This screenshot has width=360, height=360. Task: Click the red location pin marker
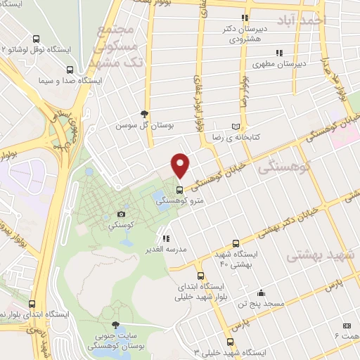click(x=181, y=165)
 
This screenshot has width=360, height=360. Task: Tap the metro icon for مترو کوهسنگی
click(x=180, y=189)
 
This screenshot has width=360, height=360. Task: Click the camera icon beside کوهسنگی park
click(x=122, y=213)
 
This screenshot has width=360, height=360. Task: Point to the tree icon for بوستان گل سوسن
click(x=145, y=114)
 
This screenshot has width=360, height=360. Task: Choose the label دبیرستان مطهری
click(x=304, y=63)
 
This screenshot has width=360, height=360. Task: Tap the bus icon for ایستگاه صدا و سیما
click(x=69, y=70)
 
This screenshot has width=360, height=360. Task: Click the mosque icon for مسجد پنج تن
click(x=262, y=293)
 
